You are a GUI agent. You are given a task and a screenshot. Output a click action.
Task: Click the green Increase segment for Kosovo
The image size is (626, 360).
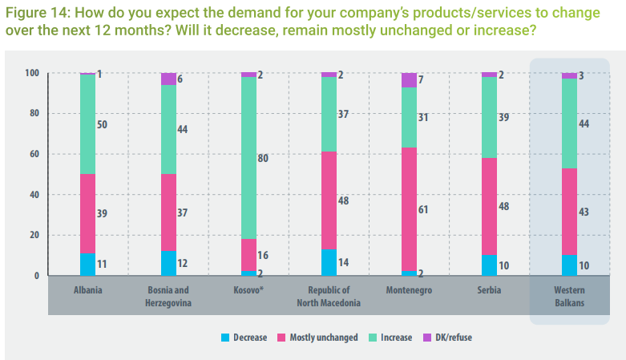click(248, 158)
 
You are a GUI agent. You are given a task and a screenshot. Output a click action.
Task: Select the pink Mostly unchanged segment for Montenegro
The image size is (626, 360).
click(409, 209)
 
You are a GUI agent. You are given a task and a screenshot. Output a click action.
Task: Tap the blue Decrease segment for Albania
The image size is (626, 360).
click(88, 265)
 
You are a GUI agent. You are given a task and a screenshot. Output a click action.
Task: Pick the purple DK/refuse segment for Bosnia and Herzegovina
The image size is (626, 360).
click(168, 79)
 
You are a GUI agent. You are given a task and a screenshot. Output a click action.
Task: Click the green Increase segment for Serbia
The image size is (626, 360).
click(489, 117)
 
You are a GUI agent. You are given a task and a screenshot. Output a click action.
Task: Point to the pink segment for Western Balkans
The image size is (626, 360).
click(569, 212)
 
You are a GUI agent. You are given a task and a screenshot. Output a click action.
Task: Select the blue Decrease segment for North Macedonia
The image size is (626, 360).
click(329, 262)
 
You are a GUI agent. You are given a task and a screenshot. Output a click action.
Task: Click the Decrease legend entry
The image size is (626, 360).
click(244, 338)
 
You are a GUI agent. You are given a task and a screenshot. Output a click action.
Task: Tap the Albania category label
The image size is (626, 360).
click(88, 290)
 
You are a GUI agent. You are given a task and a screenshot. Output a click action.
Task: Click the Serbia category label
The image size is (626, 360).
click(489, 290)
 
